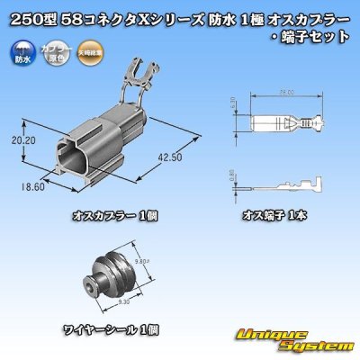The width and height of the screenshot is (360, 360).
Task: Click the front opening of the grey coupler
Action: [x=59, y=153]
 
